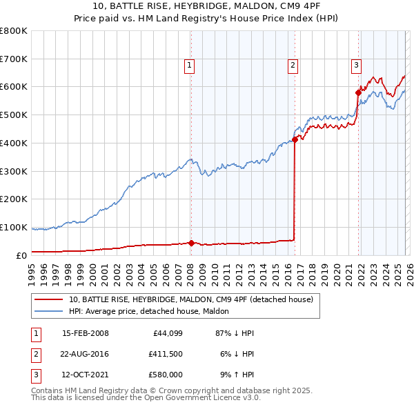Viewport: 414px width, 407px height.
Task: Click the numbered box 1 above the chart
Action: coord(190,66)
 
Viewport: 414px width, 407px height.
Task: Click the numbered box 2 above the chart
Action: coord(293,66)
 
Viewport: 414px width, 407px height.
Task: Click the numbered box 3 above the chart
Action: coord(356,66)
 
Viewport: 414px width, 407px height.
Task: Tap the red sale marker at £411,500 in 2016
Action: coord(295,139)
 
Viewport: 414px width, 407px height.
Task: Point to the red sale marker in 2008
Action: coord(191,243)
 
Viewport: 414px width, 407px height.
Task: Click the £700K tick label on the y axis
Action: coord(14,59)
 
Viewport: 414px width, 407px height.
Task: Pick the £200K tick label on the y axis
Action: coord(14,199)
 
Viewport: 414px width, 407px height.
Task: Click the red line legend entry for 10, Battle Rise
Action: coord(191,299)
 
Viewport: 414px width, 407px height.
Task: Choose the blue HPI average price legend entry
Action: coord(152,312)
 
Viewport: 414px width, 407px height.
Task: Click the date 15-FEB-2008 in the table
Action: coord(85,334)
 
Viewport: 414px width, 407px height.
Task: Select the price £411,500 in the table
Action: coord(165,354)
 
